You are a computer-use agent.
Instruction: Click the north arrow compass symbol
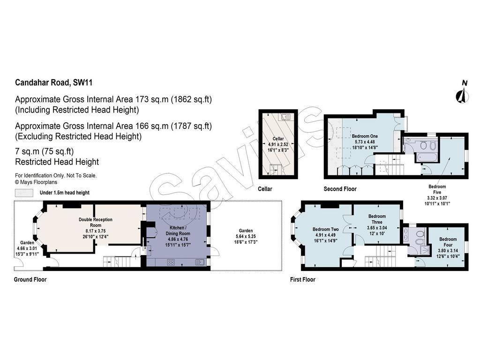[x=462, y=94]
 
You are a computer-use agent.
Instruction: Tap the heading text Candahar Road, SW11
[x=53, y=82]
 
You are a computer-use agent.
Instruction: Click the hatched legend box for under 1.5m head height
[x=24, y=193]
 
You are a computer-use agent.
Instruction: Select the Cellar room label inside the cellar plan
[x=278, y=139]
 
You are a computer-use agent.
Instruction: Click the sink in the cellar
[x=286, y=117]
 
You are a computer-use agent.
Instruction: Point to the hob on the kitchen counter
[x=171, y=262]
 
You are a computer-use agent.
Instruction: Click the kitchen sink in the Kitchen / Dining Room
[x=200, y=262]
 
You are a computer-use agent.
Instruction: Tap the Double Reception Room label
[x=96, y=222]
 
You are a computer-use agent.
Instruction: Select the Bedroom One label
[x=365, y=136]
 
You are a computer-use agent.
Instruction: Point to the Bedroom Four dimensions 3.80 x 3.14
[x=448, y=250]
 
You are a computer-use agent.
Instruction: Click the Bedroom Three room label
[x=377, y=219]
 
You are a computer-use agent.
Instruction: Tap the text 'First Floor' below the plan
[x=302, y=279]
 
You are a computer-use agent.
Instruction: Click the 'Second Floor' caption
[x=340, y=189]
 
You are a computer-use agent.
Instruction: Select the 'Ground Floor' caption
[x=30, y=279]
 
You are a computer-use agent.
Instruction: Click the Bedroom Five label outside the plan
[x=437, y=189]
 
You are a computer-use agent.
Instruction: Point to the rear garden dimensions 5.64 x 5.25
[x=246, y=236]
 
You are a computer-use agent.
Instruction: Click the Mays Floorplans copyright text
[x=36, y=182]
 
